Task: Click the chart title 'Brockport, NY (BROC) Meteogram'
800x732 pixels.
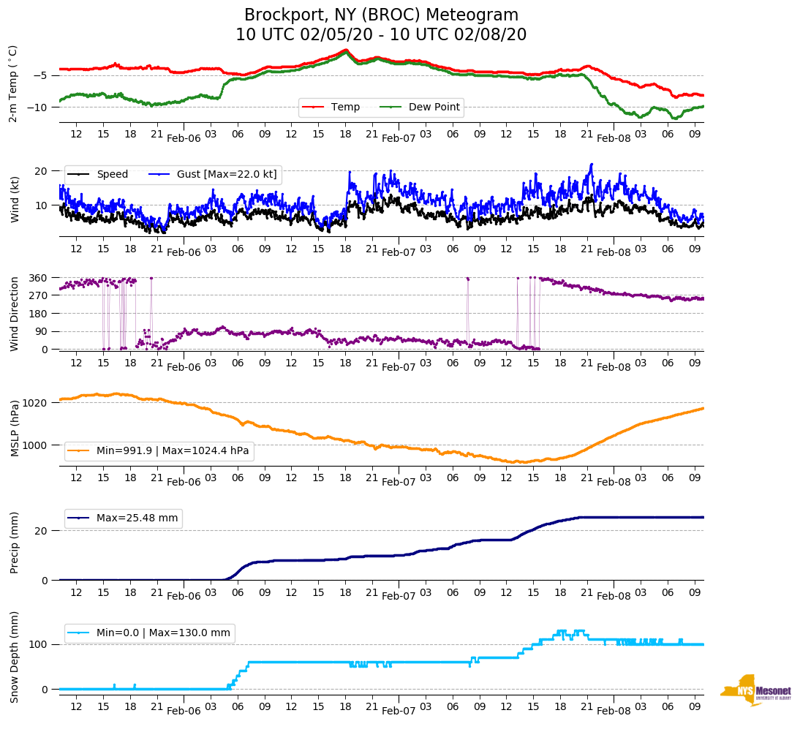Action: click(x=381, y=15)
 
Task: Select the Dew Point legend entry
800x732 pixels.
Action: click(x=434, y=107)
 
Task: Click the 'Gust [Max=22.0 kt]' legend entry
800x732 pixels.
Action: click(x=227, y=175)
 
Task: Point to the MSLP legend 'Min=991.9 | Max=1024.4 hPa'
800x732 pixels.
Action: click(x=173, y=451)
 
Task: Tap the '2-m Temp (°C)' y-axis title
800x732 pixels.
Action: click(x=13, y=83)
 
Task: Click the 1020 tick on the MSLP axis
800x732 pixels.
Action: click(x=36, y=403)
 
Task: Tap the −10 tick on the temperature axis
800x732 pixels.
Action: click(x=39, y=107)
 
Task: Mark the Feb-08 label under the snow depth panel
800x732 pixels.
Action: click(x=614, y=711)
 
